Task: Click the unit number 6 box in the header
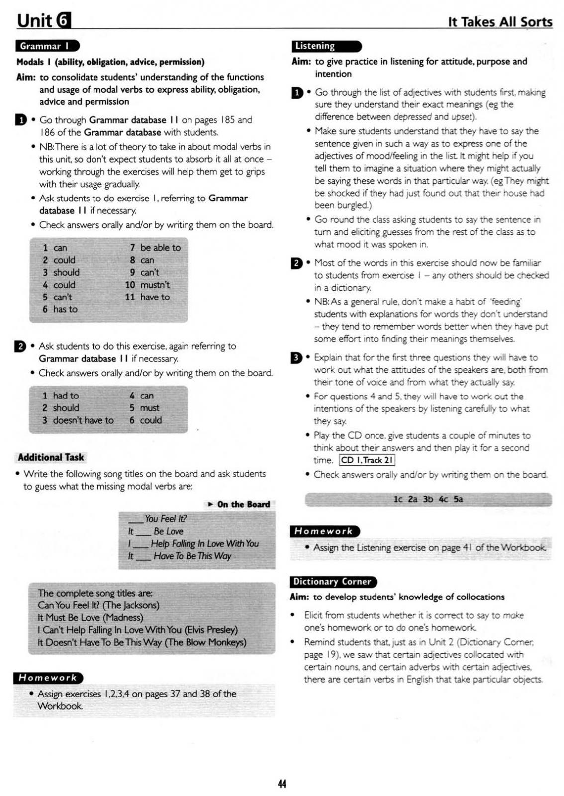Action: click(64, 20)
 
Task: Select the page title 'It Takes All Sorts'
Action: click(500, 22)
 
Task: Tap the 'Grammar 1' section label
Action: click(47, 46)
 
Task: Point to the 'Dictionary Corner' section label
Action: click(332, 582)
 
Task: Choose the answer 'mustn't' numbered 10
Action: click(155, 285)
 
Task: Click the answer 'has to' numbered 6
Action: click(65, 309)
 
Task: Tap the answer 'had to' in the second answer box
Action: click(66, 396)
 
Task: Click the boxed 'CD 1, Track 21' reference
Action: click(367, 460)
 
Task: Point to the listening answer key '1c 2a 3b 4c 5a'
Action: click(428, 499)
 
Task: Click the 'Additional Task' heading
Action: click(51, 457)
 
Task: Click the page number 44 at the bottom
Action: click(282, 784)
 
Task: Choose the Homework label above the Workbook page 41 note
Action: click(324, 531)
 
